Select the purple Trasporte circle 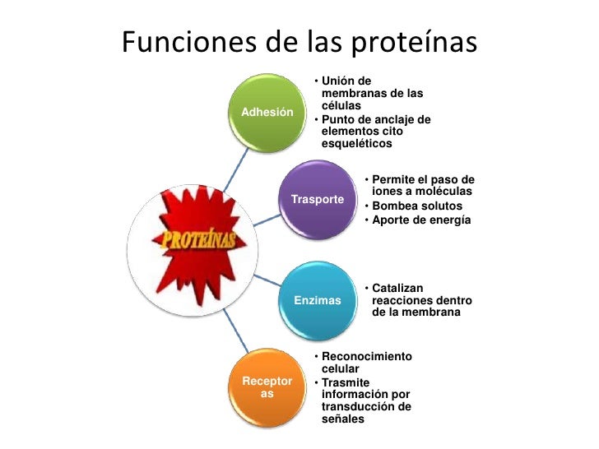coord(317,200)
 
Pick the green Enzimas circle coord(317,300)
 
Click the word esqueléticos coord(357,143)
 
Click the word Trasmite coord(346,382)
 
